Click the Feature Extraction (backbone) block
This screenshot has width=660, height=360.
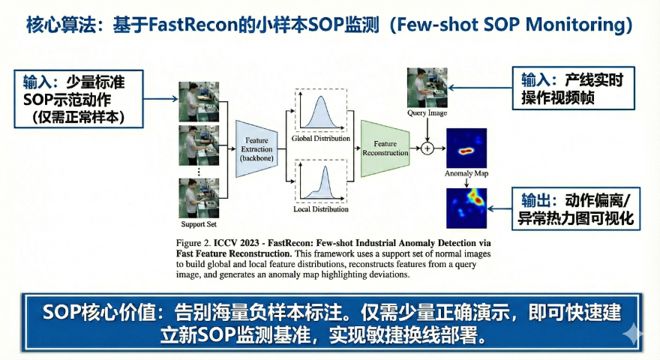tap(258, 148)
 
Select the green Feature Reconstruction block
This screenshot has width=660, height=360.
tap(385, 148)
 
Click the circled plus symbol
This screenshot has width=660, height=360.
tap(427, 148)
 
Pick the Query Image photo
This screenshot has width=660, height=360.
tap(427, 87)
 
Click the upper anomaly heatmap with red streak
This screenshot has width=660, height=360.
tap(466, 148)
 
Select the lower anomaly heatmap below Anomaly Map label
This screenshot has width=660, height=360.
tap(466, 208)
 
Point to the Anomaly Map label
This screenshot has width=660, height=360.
tap(466, 174)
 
